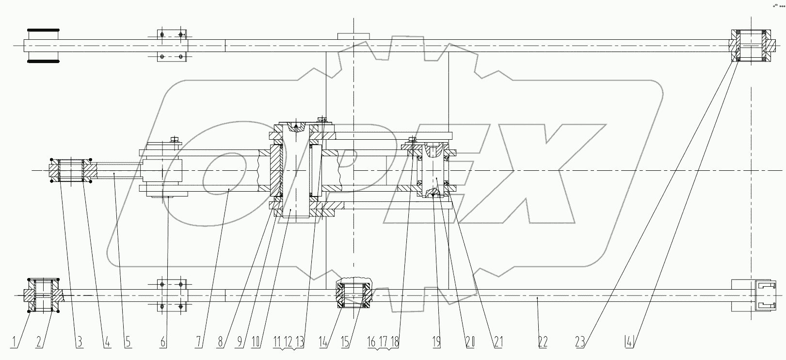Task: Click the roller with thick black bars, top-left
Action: (x=43, y=46)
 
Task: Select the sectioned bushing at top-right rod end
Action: (x=751, y=46)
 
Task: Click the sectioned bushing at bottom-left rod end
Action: (x=43, y=295)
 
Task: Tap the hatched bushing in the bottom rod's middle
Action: (x=355, y=295)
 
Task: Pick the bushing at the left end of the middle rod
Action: (x=71, y=171)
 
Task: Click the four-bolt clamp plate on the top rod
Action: (x=172, y=46)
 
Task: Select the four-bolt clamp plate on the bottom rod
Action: (x=172, y=295)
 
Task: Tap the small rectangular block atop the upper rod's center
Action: (x=353, y=36)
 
